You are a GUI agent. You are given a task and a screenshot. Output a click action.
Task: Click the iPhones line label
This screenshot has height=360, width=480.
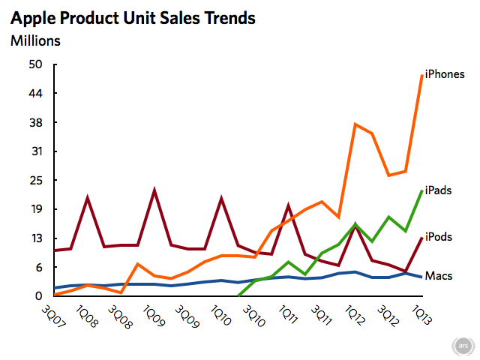[445, 74]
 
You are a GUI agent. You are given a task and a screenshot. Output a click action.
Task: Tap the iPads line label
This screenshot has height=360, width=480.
[438, 190]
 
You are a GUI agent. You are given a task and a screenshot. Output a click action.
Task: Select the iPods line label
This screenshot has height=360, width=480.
[439, 237]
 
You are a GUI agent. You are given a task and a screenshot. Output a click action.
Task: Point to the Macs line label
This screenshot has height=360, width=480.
[439, 276]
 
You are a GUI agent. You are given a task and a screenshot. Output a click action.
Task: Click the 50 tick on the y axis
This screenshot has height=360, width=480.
[35, 64]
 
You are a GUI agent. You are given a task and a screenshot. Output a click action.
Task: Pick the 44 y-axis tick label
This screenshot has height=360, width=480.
[35, 93]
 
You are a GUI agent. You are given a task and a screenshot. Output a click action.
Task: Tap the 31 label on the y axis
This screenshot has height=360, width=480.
[37, 151]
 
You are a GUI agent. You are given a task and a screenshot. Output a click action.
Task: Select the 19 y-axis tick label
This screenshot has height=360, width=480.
[37, 209]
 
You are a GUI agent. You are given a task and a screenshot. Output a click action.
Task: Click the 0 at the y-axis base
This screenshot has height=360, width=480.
[39, 295]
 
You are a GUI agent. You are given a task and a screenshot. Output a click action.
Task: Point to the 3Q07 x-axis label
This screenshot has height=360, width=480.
[53, 316]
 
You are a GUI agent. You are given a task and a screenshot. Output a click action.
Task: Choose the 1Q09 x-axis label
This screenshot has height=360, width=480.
[154, 315]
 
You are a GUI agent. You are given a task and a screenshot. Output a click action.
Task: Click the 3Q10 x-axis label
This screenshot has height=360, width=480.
[254, 316]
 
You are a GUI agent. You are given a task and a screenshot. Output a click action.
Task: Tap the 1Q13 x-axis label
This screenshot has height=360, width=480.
[421, 315]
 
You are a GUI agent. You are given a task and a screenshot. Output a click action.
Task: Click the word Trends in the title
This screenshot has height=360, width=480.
[230, 18]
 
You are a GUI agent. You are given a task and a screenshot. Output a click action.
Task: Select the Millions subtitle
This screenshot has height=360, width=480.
[35, 40]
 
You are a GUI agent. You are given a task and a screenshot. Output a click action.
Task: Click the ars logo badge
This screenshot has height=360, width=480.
[463, 346]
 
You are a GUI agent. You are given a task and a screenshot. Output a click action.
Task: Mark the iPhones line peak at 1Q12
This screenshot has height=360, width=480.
[355, 124]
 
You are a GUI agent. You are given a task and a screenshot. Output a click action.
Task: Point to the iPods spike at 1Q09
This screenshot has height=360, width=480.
[154, 190]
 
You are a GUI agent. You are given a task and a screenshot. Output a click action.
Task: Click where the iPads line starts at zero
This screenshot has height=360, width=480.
[238, 295]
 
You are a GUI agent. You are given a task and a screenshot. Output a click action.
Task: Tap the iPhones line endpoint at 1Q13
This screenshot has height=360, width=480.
[422, 75]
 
